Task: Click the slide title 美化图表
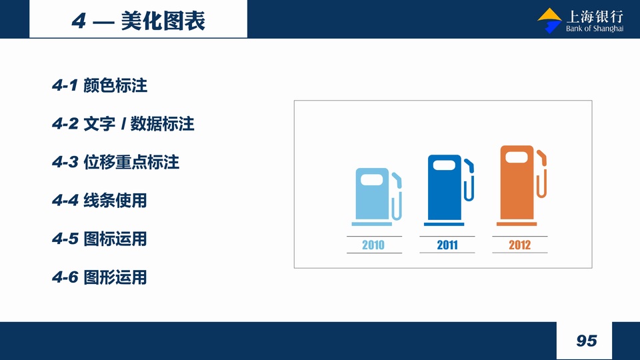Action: (x=163, y=21)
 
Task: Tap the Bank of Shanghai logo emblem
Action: (x=550, y=21)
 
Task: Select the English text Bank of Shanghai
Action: (x=595, y=29)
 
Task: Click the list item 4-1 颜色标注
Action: (x=99, y=85)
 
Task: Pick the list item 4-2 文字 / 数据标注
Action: (x=123, y=124)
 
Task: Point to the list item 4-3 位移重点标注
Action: (x=115, y=162)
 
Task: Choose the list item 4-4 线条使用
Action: (x=99, y=201)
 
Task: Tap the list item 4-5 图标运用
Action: (x=99, y=239)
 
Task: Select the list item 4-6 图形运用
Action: (x=99, y=277)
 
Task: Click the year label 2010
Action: (x=373, y=245)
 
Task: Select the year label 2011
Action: (x=447, y=245)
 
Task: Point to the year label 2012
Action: (x=519, y=245)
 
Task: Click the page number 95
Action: (x=587, y=341)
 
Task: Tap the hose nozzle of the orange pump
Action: (x=541, y=157)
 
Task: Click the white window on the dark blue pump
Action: (x=444, y=165)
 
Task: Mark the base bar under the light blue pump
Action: (x=372, y=224)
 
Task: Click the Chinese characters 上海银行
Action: (x=595, y=17)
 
